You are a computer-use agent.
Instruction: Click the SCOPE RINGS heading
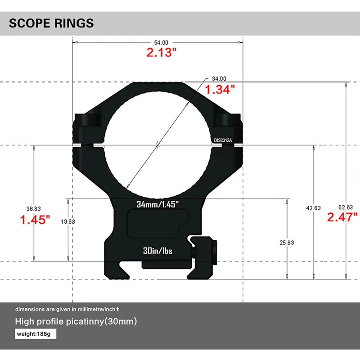click(51, 23)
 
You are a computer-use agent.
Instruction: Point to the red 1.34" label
click(220, 89)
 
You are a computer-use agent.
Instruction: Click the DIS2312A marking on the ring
click(223, 140)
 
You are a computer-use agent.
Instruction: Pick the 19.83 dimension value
click(67, 221)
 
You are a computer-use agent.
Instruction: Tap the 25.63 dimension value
click(287, 243)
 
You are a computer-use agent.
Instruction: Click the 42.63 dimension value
click(313, 208)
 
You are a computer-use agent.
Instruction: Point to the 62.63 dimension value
click(346, 207)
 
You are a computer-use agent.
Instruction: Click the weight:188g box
click(36, 334)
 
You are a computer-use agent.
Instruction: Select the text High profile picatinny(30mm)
click(76, 322)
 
